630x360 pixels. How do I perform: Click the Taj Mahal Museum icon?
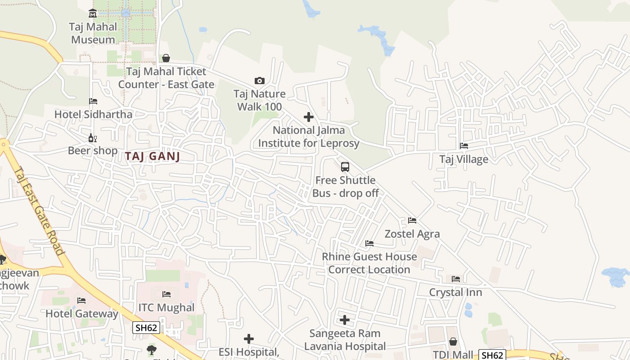pyautogui.click(x=93, y=13)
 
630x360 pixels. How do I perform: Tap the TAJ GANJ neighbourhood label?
pyautogui.click(x=153, y=157)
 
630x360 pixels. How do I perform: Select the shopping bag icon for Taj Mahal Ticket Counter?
pyautogui.click(x=166, y=58)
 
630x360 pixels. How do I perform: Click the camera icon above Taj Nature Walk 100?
pyautogui.click(x=260, y=81)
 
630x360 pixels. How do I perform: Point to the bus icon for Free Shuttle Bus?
pyautogui.click(x=345, y=167)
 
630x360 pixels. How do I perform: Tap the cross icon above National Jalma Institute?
pyautogui.click(x=309, y=117)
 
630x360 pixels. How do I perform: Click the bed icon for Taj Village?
pyautogui.click(x=464, y=145)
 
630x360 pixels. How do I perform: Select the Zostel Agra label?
pyautogui.click(x=412, y=234)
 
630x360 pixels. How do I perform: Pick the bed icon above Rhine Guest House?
pyautogui.click(x=369, y=243)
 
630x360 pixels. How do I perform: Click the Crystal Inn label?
pyautogui.click(x=455, y=292)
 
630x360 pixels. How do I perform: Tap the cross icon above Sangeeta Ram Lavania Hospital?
pyautogui.click(x=345, y=320)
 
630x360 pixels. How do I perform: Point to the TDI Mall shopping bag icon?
pyautogui.click(x=453, y=342)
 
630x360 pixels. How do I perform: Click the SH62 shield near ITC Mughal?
pyautogui.click(x=147, y=328)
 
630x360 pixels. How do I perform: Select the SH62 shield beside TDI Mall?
pyautogui.click(x=492, y=355)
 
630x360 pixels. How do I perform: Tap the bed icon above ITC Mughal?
pyautogui.click(x=166, y=294)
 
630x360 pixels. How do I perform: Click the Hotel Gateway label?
pyautogui.click(x=82, y=314)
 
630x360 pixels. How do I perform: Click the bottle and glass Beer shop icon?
pyautogui.click(x=93, y=138)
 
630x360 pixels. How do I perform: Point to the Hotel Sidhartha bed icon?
pyautogui.click(x=93, y=101)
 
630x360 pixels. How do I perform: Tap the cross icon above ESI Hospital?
pyautogui.click(x=249, y=338)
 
